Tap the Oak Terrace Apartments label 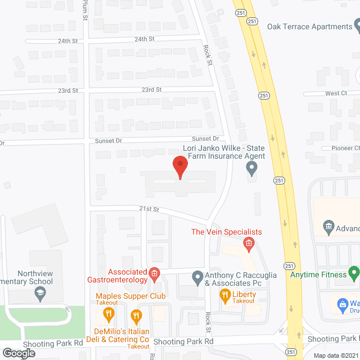(x=309, y=26)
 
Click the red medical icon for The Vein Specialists (x=247, y=244)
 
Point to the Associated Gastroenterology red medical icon (x=153, y=274)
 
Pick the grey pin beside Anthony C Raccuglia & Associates (x=197, y=276)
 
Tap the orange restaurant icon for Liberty (x=224, y=294)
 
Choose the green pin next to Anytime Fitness (x=354, y=274)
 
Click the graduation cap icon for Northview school (x=40, y=292)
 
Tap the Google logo (x=19, y=353)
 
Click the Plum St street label (x=85, y=9)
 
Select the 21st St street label (x=150, y=209)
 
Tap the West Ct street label (x=336, y=93)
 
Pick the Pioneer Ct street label (x=344, y=148)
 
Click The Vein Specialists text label (x=227, y=232)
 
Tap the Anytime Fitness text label (x=317, y=275)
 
